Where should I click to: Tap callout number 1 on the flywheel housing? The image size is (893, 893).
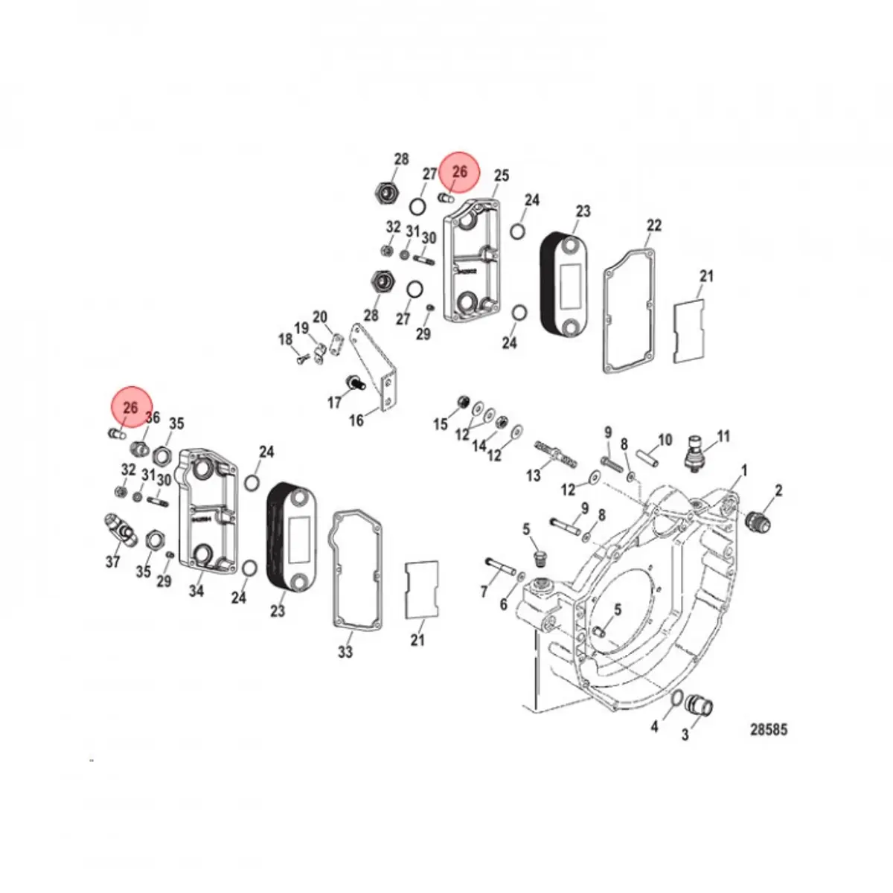(745, 470)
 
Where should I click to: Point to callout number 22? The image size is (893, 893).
(654, 225)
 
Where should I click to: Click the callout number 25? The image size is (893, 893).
(502, 176)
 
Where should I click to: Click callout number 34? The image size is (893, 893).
(196, 592)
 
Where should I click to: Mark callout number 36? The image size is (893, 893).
(153, 417)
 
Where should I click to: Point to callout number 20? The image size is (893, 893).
(320, 318)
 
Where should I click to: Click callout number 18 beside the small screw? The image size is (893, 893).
(286, 339)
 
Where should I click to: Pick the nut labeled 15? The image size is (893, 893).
(462, 403)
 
